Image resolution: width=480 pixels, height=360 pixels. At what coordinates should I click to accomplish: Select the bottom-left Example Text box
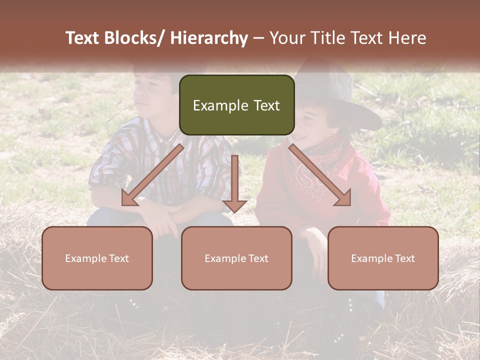97,258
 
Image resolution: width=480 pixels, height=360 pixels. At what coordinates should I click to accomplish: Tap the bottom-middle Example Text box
236,258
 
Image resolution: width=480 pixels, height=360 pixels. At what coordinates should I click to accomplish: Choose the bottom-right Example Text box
383,258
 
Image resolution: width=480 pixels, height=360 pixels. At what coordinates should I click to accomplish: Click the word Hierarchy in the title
209,38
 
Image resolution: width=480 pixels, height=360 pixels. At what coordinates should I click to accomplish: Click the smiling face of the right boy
310,125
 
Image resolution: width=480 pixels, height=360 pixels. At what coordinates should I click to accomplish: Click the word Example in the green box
216,105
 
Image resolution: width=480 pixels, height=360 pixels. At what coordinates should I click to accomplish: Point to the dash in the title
258,38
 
